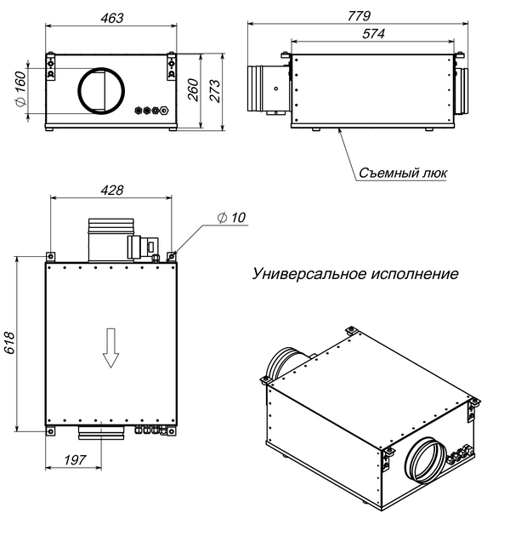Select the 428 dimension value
(x=111, y=190)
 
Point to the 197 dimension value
(x=77, y=460)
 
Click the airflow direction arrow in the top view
(x=110, y=348)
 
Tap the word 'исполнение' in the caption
(x=414, y=275)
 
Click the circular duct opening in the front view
(x=102, y=88)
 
